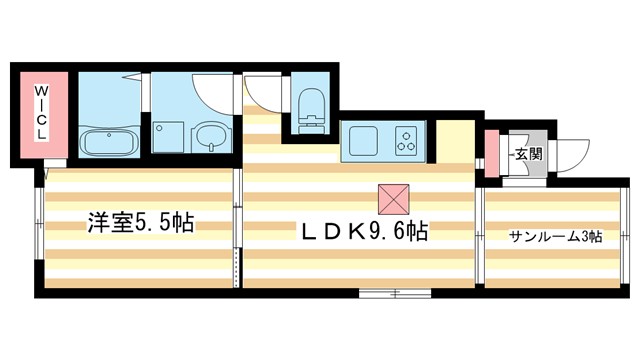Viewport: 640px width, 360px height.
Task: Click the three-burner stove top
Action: click(407, 140)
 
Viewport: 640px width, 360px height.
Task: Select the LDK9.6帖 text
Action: click(366, 232)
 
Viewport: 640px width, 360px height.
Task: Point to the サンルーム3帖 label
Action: click(555, 236)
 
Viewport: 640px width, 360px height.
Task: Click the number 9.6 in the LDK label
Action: click(391, 232)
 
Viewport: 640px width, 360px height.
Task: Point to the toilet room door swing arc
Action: click(262, 93)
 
